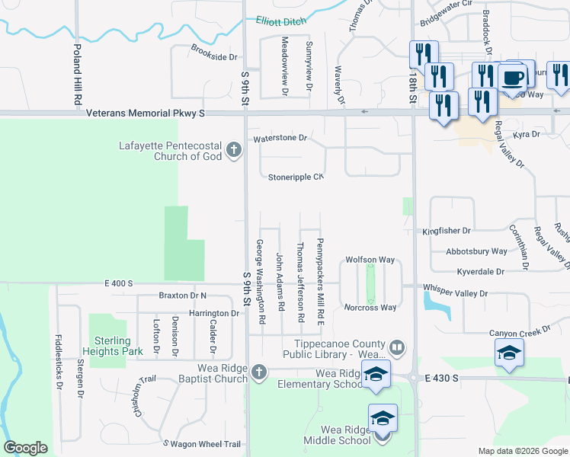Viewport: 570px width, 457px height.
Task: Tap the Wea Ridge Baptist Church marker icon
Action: click(258, 372)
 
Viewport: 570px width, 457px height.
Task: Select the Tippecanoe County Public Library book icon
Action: click(396, 348)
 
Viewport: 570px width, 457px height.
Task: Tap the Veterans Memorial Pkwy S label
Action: click(146, 113)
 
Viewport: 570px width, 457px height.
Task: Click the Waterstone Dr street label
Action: click(280, 139)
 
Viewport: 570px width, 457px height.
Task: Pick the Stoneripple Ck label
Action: click(296, 177)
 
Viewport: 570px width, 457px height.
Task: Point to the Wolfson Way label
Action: click(370, 260)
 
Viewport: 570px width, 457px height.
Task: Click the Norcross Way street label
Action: click(370, 308)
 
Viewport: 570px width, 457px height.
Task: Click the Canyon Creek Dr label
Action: click(524, 332)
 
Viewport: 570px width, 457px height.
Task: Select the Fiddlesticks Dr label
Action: click(59, 362)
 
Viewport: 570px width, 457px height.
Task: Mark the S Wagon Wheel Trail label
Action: click(202, 444)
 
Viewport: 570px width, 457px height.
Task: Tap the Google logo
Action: click(26, 448)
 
